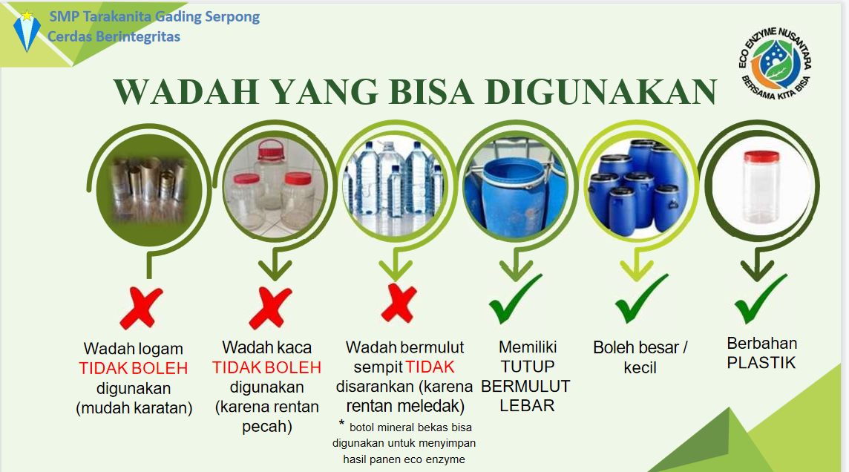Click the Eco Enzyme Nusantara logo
(775, 63)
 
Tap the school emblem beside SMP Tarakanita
(27, 30)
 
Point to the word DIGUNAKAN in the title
(601, 91)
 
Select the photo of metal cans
(149, 190)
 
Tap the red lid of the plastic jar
(762, 157)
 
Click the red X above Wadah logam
(141, 308)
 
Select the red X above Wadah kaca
(270, 308)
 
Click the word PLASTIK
(761, 363)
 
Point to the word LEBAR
(527, 405)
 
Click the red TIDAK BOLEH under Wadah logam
(133, 368)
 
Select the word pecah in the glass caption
(267, 427)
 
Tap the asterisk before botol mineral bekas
(341, 423)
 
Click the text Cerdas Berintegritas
(114, 37)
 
